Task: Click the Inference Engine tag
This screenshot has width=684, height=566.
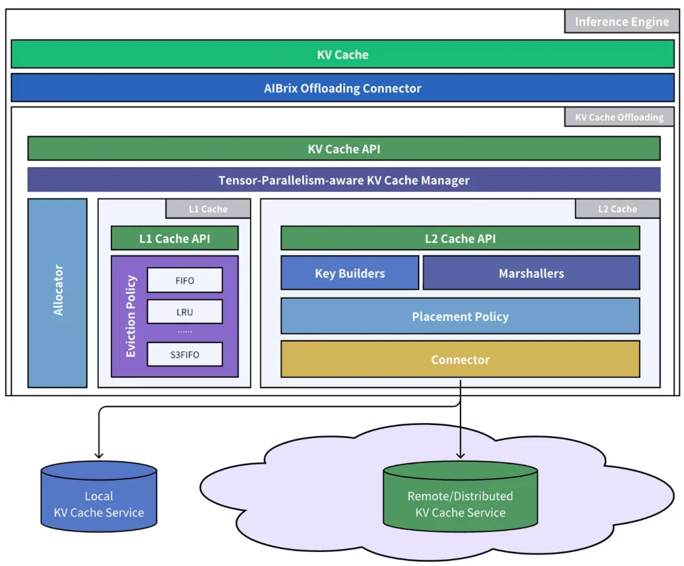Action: click(x=622, y=22)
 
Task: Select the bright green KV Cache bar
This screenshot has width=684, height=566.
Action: click(x=343, y=54)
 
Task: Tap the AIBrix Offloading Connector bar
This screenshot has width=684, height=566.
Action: click(x=343, y=87)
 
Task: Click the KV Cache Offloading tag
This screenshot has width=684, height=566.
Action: click(x=619, y=117)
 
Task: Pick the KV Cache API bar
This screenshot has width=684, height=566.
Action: click(x=344, y=149)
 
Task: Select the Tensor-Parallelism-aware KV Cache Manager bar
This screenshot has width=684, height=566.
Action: click(x=344, y=180)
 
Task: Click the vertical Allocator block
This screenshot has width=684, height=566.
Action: click(x=58, y=293)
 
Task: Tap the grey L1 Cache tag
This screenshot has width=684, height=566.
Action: click(x=208, y=209)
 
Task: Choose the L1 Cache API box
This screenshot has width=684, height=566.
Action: click(x=175, y=238)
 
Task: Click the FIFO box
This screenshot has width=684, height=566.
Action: click(x=185, y=280)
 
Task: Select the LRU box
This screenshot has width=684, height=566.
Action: click(x=185, y=311)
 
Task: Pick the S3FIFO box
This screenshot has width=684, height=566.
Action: click(x=185, y=354)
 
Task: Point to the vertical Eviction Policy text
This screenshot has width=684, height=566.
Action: click(x=131, y=316)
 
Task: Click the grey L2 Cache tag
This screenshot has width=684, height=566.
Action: click(x=617, y=209)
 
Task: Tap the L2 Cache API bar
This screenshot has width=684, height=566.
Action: click(x=460, y=238)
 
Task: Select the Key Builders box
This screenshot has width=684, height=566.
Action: click(x=350, y=273)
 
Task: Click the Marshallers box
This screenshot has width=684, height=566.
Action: click(x=531, y=273)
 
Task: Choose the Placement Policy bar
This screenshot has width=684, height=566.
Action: click(x=460, y=316)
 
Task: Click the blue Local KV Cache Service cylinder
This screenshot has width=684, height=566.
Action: click(x=99, y=496)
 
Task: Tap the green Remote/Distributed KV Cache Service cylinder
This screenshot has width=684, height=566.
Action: click(x=460, y=496)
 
